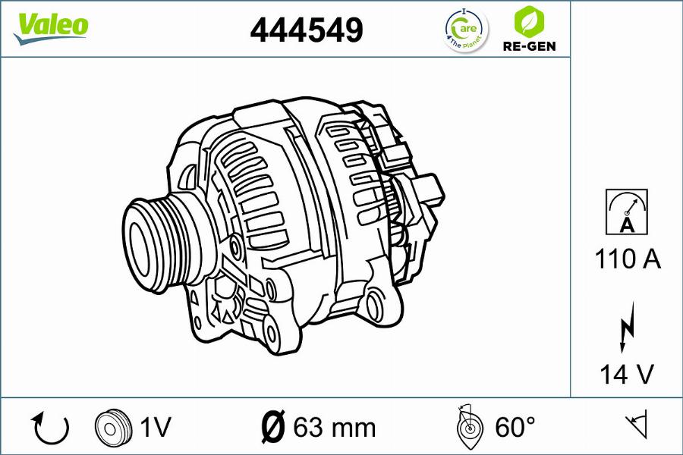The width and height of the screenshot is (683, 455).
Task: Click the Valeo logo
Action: pos(51,28)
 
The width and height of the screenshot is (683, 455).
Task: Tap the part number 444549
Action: pos(307,30)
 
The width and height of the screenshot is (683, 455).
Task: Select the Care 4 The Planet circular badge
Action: pos(467,30)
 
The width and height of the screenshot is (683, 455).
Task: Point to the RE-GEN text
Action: pos(529,46)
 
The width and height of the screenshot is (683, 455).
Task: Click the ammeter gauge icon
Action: pos(626,212)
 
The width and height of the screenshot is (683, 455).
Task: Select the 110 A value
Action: pos(628,259)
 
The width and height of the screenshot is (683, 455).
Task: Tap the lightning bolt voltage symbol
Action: pos(628,327)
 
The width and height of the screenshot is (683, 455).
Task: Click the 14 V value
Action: pos(627,374)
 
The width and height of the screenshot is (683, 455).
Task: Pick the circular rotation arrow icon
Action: pos(49,428)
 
